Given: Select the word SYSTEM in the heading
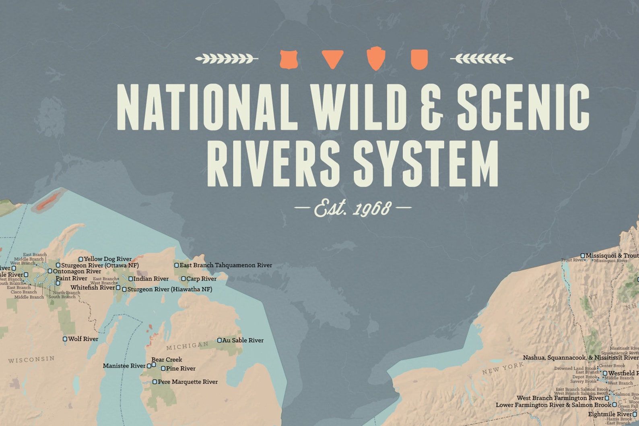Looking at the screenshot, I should [426, 163].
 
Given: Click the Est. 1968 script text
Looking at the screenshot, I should [353, 208].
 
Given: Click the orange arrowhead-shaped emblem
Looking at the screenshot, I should [376, 58].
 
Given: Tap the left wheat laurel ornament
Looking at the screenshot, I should [226, 59].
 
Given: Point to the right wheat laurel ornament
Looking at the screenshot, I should [482, 59].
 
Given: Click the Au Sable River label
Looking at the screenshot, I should [243, 340].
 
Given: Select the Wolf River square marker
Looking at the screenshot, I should [65, 339].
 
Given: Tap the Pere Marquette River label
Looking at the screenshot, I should [188, 382].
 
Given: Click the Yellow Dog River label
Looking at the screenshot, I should [107, 259].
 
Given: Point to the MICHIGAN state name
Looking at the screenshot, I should [188, 345].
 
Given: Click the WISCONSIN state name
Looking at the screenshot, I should [31, 359].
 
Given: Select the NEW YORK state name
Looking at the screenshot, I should [503, 368].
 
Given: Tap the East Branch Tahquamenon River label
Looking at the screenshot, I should [226, 265].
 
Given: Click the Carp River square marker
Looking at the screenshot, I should [183, 279].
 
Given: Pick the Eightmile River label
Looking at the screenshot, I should [610, 414].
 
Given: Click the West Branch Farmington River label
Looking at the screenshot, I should [560, 398].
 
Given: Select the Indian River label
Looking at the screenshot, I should [151, 279].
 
